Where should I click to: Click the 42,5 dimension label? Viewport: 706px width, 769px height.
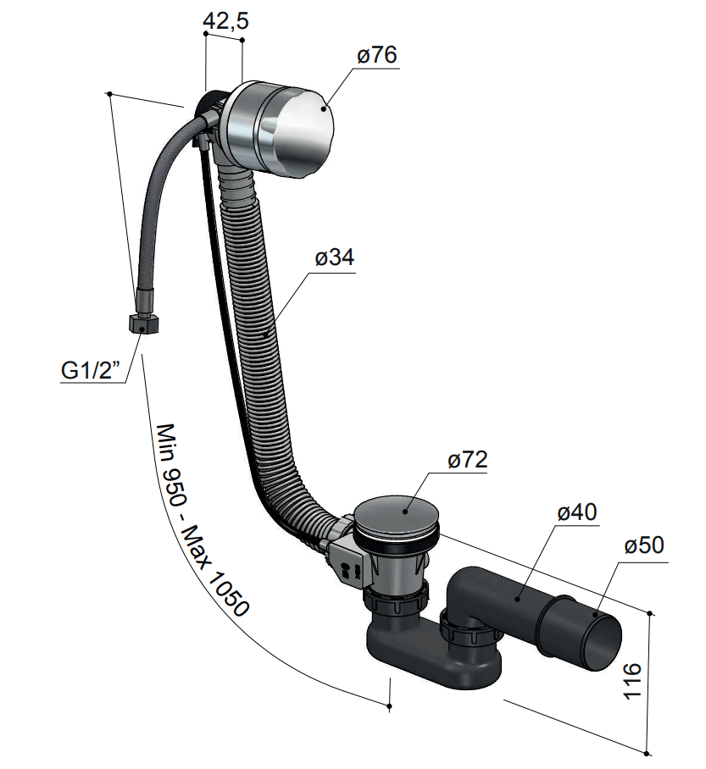225,20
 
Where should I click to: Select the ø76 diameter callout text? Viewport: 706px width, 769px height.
377,55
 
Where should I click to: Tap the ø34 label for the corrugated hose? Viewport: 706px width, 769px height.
335,257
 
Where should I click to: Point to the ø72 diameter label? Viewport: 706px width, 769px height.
467,460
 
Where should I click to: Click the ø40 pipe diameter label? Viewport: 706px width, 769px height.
577,512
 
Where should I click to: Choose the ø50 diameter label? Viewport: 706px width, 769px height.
644,545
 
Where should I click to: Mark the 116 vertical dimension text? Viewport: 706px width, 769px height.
632,681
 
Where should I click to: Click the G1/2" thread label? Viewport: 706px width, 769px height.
92,370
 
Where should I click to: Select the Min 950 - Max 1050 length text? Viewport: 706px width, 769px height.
202,519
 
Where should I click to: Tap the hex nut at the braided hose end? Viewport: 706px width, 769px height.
143,324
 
